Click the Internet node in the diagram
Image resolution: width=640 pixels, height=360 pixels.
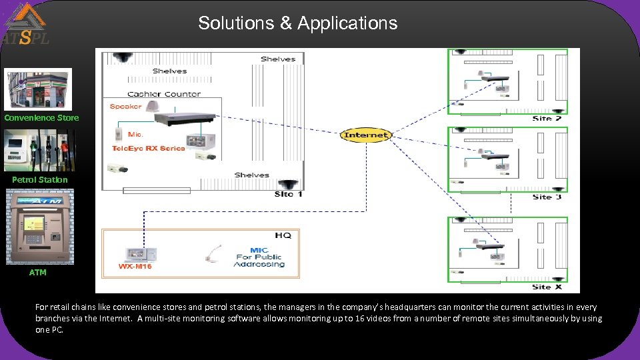pos(365,135)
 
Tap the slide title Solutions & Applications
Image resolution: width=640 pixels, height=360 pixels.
pos(297,23)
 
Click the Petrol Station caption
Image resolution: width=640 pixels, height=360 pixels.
pos(40,179)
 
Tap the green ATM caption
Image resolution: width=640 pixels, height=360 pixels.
pos(38,272)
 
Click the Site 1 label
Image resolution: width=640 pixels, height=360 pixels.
pos(288,194)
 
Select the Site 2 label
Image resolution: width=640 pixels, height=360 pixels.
pos(547,118)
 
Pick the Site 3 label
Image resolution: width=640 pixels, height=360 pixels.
pos(547,197)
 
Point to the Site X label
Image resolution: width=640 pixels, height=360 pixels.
pos(547,287)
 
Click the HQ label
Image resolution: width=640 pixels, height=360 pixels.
pos(283,235)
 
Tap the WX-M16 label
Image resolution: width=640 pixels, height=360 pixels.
pos(135,267)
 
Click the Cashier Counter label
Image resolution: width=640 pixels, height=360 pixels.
pos(163,94)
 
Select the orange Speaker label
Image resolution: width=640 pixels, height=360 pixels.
pos(125,107)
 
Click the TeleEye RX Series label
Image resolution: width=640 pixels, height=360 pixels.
pos(148,148)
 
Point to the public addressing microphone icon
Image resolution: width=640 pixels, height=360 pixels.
pos(214,254)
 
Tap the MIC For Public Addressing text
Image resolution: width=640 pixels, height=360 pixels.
pos(259,257)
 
